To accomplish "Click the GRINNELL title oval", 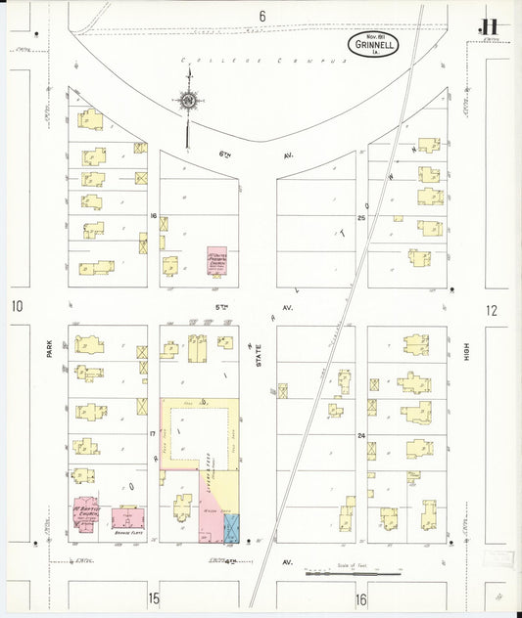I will click(x=372, y=44).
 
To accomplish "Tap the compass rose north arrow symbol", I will click(x=186, y=101).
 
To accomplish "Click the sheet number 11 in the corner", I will click(x=488, y=27).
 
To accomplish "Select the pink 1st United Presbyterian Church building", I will click(x=217, y=261).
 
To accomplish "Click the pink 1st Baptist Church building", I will click(x=82, y=514).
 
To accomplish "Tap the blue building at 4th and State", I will click(x=232, y=529).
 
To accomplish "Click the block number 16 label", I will click(x=153, y=216).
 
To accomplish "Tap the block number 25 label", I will click(x=360, y=217).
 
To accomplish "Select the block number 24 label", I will click(x=360, y=434).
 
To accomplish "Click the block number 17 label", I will click(x=153, y=432).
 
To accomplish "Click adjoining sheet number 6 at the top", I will click(x=262, y=16).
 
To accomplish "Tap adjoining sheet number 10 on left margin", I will click(x=17, y=308).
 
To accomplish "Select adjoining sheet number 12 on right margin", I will click(x=491, y=310).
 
